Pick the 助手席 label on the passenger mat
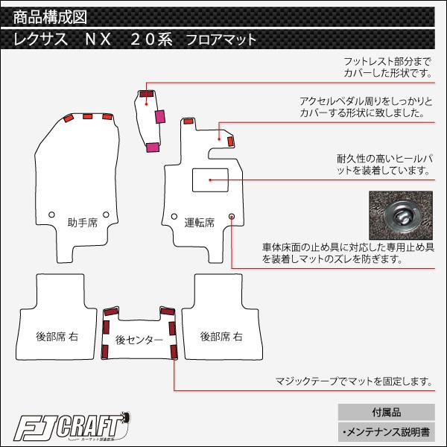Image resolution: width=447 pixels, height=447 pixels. pyautogui.click(x=82, y=222)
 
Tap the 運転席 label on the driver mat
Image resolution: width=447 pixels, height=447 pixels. pyautogui.click(x=199, y=222)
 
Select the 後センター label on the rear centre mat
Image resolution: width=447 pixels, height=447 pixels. pyautogui.click(x=139, y=340)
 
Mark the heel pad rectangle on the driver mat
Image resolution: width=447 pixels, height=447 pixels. pyautogui.click(x=209, y=180)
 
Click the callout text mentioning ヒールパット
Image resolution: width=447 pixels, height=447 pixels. pyautogui.click(x=384, y=165)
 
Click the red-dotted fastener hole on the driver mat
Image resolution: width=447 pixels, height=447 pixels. pyautogui.click(x=232, y=216)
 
